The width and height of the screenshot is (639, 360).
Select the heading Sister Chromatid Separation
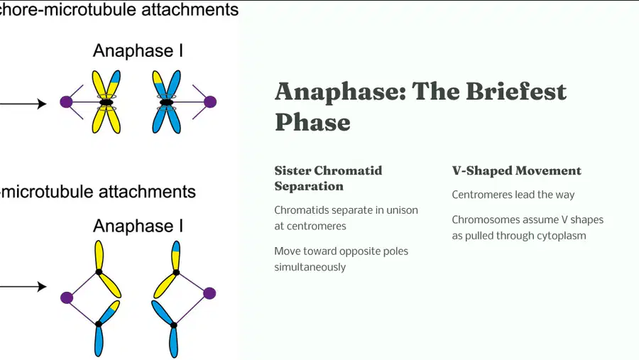pyautogui.click(x=328, y=178)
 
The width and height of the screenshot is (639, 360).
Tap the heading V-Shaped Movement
pyautogui.click(x=516, y=170)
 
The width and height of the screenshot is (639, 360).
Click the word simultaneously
pyautogui.click(x=310, y=267)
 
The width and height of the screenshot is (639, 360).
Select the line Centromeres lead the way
pyautogui.click(x=513, y=195)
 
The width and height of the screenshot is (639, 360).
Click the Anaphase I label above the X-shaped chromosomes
pyautogui.click(x=138, y=50)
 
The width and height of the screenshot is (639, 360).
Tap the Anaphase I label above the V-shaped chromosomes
pyautogui.click(x=138, y=226)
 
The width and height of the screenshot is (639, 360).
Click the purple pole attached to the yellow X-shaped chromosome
pyautogui.click(x=66, y=102)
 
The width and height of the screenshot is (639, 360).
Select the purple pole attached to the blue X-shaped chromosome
pyautogui.click(x=210, y=102)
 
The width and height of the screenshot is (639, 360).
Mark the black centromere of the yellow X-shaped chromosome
pyautogui.click(x=106, y=102)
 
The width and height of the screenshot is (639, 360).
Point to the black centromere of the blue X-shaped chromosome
pyautogui.click(x=166, y=102)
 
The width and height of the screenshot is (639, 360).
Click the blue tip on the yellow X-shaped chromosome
pyautogui.click(x=115, y=77)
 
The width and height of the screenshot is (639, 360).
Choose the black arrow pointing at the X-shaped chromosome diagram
pyautogui.click(x=23, y=104)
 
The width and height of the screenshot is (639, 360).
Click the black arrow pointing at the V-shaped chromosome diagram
pyautogui.click(x=23, y=287)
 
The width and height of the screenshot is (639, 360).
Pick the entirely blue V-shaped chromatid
pyautogui.click(x=166, y=328)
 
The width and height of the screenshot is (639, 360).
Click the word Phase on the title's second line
pyautogui.click(x=312, y=122)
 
